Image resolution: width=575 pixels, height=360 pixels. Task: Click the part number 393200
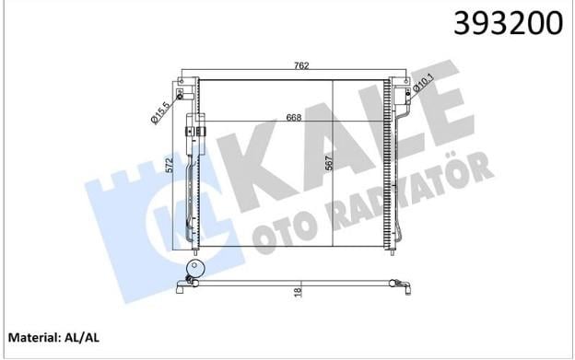pos(508,23)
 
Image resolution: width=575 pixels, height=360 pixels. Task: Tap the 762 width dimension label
pos(301,65)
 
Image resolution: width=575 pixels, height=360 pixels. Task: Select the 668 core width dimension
pos(294,118)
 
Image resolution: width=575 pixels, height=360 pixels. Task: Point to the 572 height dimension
pos(178,168)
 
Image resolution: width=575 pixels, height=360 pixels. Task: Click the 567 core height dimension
pos(329,163)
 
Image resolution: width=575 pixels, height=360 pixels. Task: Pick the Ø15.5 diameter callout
pos(160,113)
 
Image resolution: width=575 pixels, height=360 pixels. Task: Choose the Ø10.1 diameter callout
pos(424,83)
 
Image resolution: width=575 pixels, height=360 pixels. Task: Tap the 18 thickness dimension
pos(298,292)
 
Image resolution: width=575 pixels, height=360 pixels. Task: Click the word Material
pos(32,337)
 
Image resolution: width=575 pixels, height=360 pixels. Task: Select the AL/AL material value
pos(82,337)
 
